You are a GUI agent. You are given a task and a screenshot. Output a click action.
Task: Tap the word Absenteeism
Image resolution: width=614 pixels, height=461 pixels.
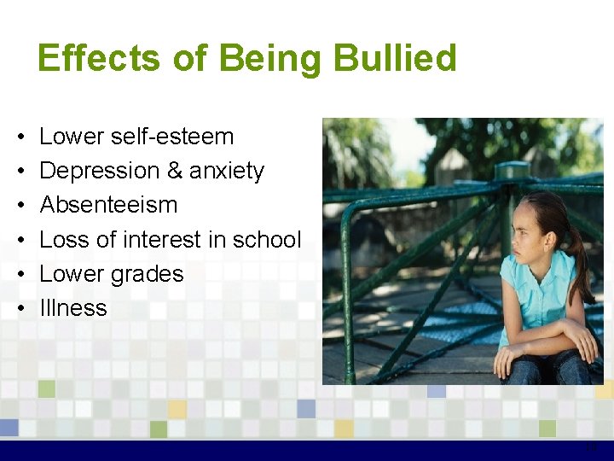click(108, 205)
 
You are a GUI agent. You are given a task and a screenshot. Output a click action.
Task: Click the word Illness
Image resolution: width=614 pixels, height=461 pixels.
click(73, 308)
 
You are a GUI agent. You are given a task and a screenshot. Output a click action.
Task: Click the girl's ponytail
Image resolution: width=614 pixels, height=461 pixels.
click(579, 260)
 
